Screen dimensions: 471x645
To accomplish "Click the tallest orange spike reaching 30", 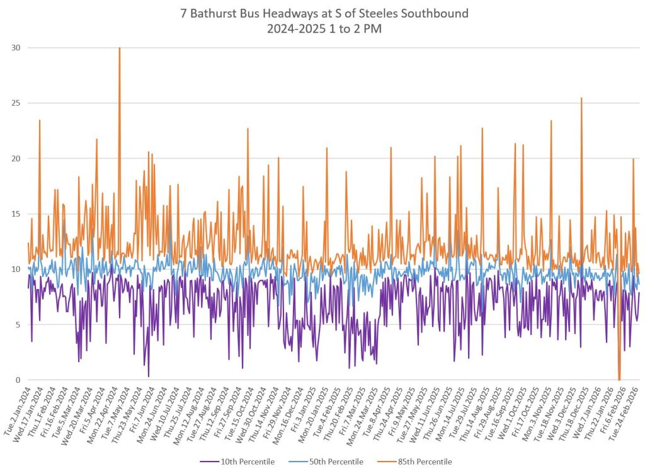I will pos(120,49).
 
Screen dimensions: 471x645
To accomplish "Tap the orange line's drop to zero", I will pos(619,379).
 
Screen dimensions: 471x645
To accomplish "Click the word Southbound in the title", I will pos(437,13).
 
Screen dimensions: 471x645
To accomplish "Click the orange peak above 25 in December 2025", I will pos(581,99).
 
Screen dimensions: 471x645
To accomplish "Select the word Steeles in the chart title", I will pos(384,13).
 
